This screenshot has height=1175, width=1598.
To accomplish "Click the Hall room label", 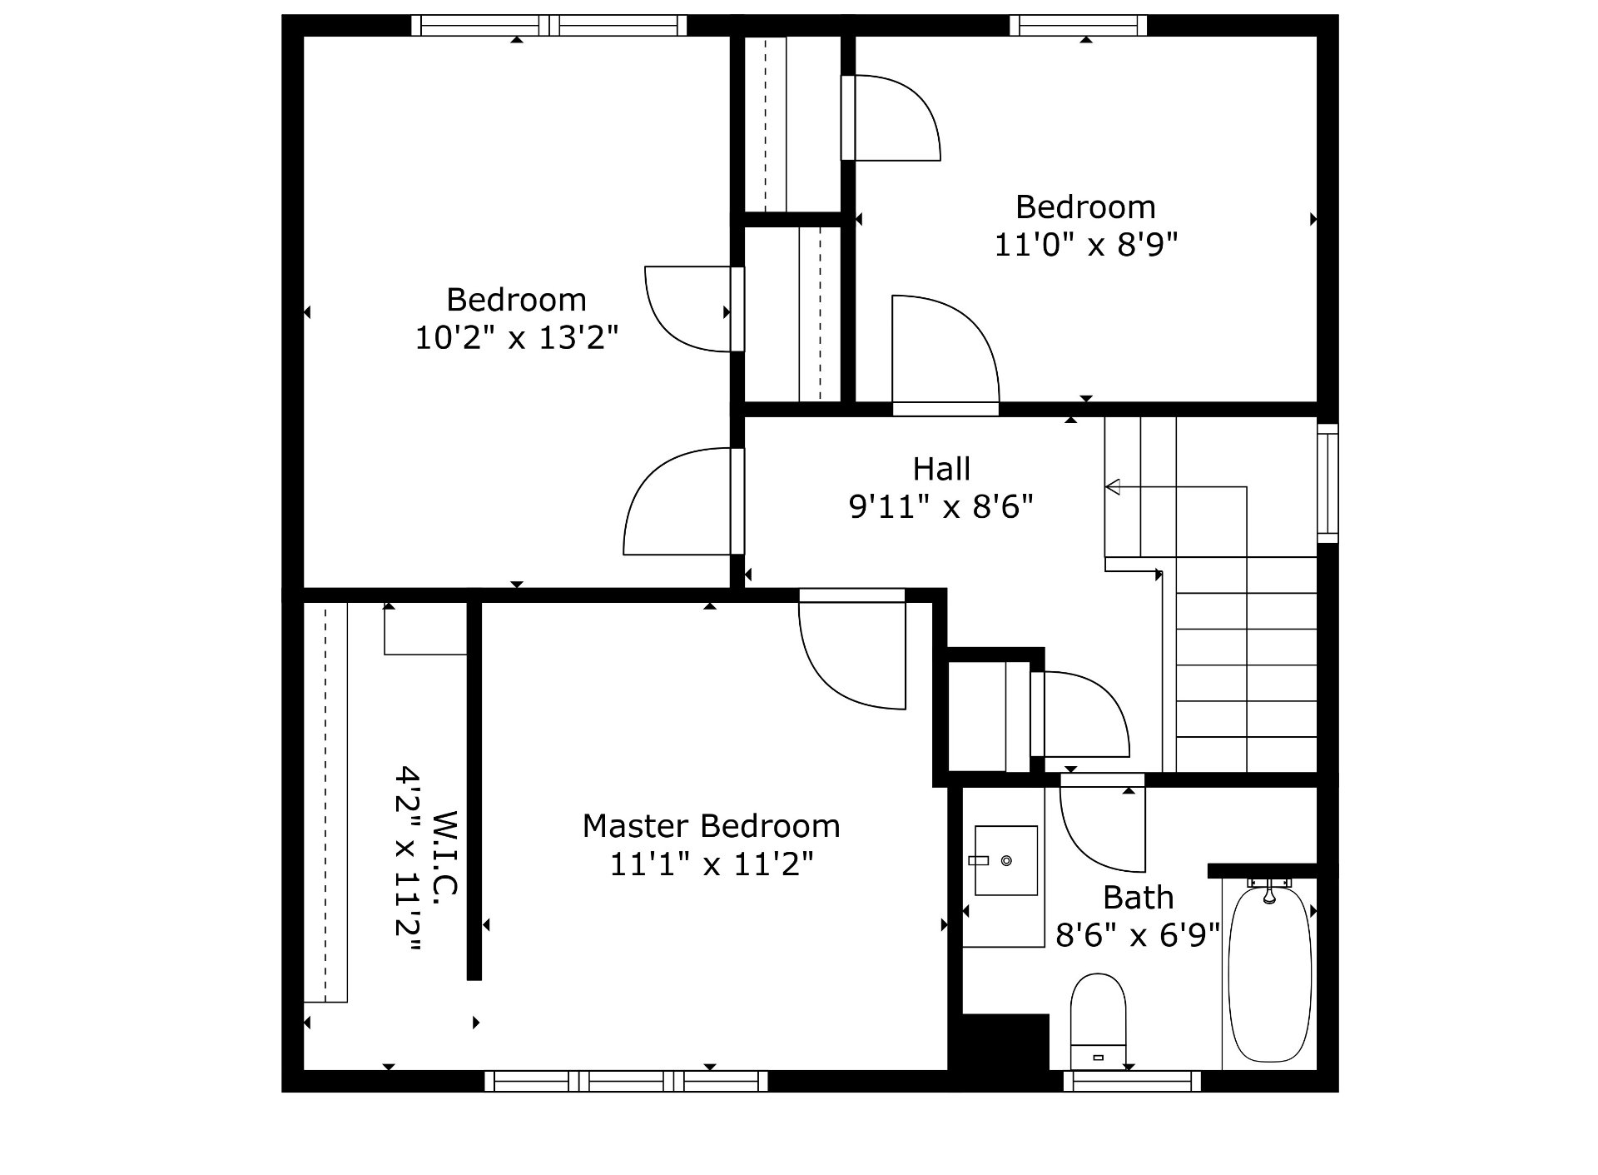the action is pyautogui.click(x=941, y=469).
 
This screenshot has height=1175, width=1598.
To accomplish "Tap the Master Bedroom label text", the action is pyautogui.click(x=711, y=826).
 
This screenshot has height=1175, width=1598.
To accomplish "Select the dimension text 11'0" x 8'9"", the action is pyautogui.click(x=1086, y=245).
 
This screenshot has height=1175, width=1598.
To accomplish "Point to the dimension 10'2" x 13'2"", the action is pyautogui.click(x=517, y=337).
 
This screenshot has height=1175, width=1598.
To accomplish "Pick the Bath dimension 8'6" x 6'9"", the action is pyautogui.click(x=1138, y=935).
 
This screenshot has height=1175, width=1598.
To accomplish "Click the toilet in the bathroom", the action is pyautogui.click(x=1098, y=1021).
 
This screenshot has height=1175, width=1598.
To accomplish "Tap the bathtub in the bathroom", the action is pyautogui.click(x=1269, y=974).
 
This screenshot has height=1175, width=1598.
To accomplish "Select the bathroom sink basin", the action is pyautogui.click(x=1006, y=860).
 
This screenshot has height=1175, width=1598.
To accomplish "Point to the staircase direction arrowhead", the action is pyautogui.click(x=1113, y=486).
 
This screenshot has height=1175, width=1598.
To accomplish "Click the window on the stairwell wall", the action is pyautogui.click(x=1328, y=483).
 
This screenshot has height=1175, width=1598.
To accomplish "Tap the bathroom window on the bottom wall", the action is pyautogui.click(x=1132, y=1081).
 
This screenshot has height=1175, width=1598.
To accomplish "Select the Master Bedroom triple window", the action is pyautogui.click(x=626, y=1081).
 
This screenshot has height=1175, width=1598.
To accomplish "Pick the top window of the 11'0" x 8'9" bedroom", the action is pyautogui.click(x=1079, y=26).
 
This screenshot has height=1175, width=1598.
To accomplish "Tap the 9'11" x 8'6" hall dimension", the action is pyautogui.click(x=941, y=506).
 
